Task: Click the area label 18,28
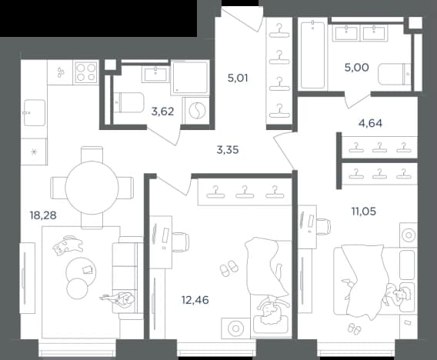[43, 215]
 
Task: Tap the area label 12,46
[195, 300]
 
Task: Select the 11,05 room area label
[363, 212]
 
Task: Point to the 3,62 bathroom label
[162, 112]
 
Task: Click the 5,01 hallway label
[238, 78]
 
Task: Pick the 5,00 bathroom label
[357, 68]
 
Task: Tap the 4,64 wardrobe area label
[370, 123]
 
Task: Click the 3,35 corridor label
[228, 150]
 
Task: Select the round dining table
[92, 188]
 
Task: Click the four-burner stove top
[86, 72]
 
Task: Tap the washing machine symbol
[197, 110]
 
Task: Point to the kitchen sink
[35, 112]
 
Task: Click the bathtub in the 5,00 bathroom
[312, 55]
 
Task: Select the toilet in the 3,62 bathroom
[128, 102]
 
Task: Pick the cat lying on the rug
[68, 245]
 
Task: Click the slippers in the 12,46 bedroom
[229, 268]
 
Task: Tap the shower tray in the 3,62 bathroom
[189, 78]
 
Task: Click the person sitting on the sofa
[118, 299]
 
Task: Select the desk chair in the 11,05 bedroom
[323, 226]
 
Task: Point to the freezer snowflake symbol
[34, 152]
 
